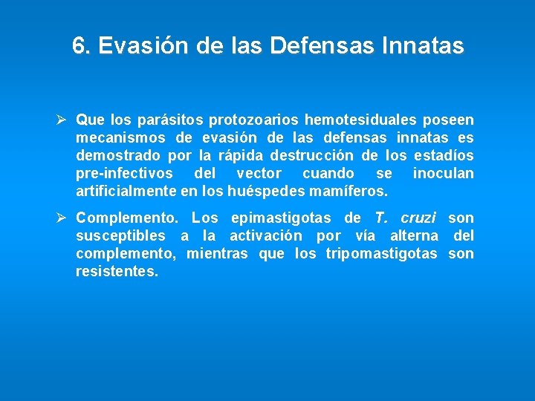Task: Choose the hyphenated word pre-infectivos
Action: [124, 173]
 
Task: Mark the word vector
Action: [259, 173]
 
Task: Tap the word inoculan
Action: [443, 173]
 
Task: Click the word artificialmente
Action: [126, 191]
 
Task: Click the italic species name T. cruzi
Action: [401, 218]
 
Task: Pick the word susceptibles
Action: [120, 236]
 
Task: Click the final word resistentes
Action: [117, 272]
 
